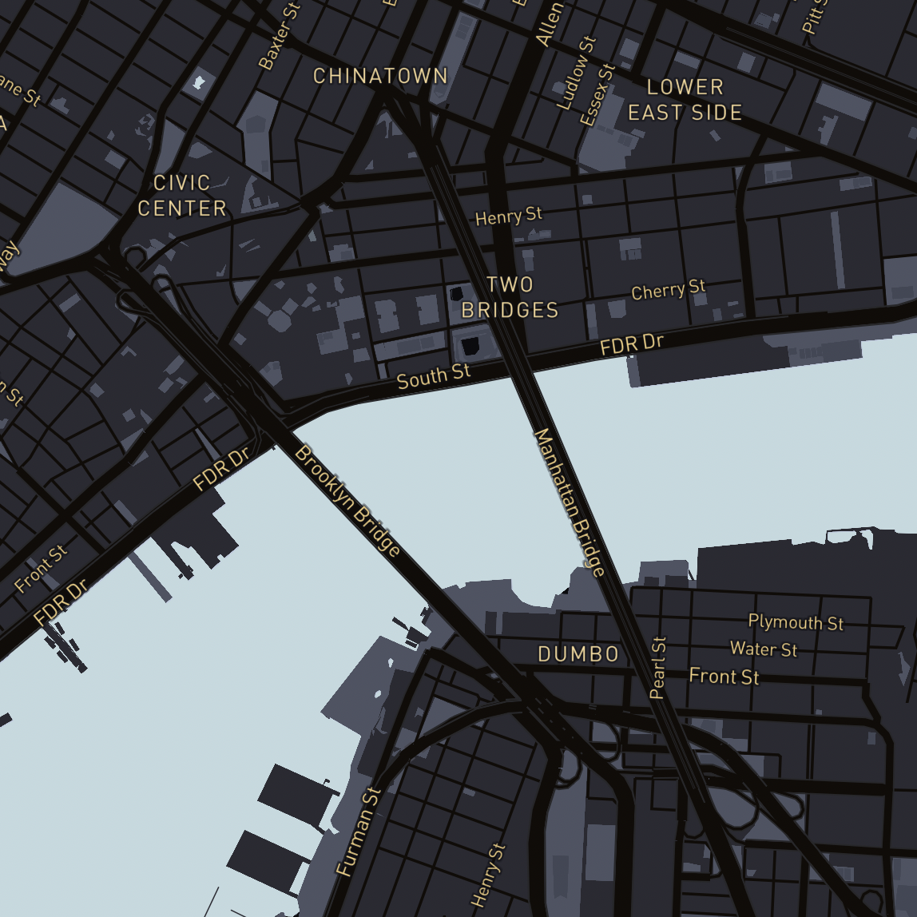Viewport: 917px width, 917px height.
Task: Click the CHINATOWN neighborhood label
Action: [380, 77]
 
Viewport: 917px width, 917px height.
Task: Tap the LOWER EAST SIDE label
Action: [685, 100]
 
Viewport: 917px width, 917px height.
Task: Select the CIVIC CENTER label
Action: [182, 196]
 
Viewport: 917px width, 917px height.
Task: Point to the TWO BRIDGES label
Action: [510, 297]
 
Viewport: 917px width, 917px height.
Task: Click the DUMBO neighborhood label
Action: [578, 655]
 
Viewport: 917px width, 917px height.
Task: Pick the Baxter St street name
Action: [279, 35]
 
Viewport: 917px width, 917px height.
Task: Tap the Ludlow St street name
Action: [576, 73]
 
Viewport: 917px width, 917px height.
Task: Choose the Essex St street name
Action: [597, 95]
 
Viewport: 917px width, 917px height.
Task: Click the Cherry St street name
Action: [668, 290]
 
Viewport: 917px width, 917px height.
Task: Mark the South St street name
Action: [434, 376]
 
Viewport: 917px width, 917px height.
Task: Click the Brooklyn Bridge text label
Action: [348, 501]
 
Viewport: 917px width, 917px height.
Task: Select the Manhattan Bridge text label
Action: [569, 502]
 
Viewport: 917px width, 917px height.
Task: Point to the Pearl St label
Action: [658, 668]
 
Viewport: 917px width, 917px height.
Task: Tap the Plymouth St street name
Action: [796, 622]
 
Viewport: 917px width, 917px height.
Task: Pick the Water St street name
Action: [764, 649]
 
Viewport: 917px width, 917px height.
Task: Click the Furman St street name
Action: [359, 832]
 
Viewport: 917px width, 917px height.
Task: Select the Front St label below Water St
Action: [724, 677]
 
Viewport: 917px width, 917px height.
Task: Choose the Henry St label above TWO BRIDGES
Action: [508, 216]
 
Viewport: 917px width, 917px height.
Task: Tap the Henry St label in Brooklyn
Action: [488, 875]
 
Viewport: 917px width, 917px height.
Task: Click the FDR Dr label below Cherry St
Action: [632, 345]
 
